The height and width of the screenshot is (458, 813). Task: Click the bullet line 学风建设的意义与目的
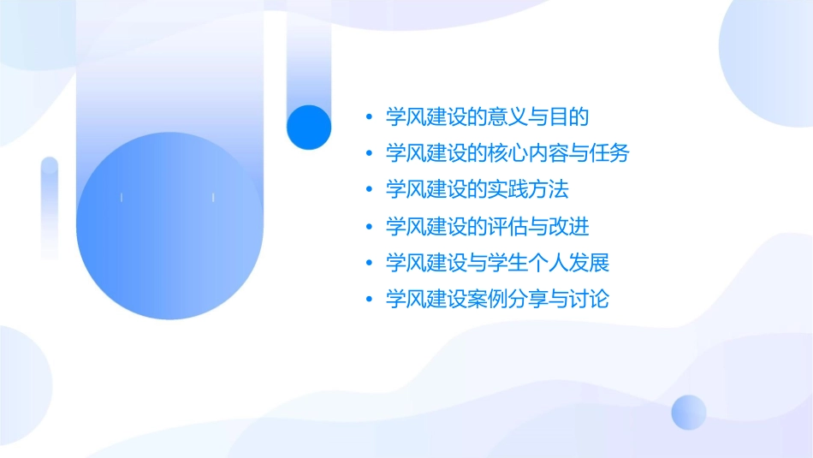(488, 116)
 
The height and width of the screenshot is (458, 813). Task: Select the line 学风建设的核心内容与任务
(507, 153)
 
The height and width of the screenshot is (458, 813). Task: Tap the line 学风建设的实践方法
(478, 189)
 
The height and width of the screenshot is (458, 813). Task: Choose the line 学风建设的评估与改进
(488, 226)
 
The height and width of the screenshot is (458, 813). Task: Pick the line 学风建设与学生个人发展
(497, 262)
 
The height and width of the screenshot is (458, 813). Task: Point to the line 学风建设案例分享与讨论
(497, 299)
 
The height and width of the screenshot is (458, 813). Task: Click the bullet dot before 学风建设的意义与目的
(369, 117)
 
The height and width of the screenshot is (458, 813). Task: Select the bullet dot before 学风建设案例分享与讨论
(369, 300)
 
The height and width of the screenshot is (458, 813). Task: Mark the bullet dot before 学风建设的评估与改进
(369, 227)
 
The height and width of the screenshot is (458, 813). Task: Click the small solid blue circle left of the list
(309, 127)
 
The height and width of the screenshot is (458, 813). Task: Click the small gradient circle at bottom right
(689, 412)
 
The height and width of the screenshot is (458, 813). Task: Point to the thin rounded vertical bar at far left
(50, 207)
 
